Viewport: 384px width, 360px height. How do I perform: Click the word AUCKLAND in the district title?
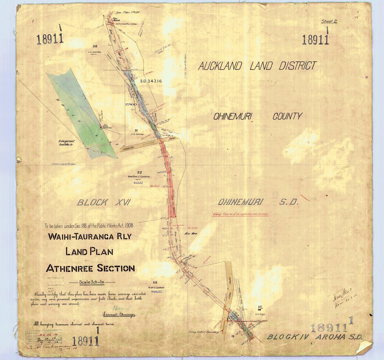tap(220, 66)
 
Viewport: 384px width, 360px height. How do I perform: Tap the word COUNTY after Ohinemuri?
tap(287, 116)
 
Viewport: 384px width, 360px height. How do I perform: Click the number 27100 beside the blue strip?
tap(131, 104)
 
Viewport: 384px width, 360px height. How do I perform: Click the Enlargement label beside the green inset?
tap(66, 141)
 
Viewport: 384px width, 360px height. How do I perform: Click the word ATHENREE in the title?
tap(70, 268)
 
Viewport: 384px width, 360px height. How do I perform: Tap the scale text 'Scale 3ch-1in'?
tap(91, 282)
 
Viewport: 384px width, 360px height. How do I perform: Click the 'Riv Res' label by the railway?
tap(191, 233)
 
